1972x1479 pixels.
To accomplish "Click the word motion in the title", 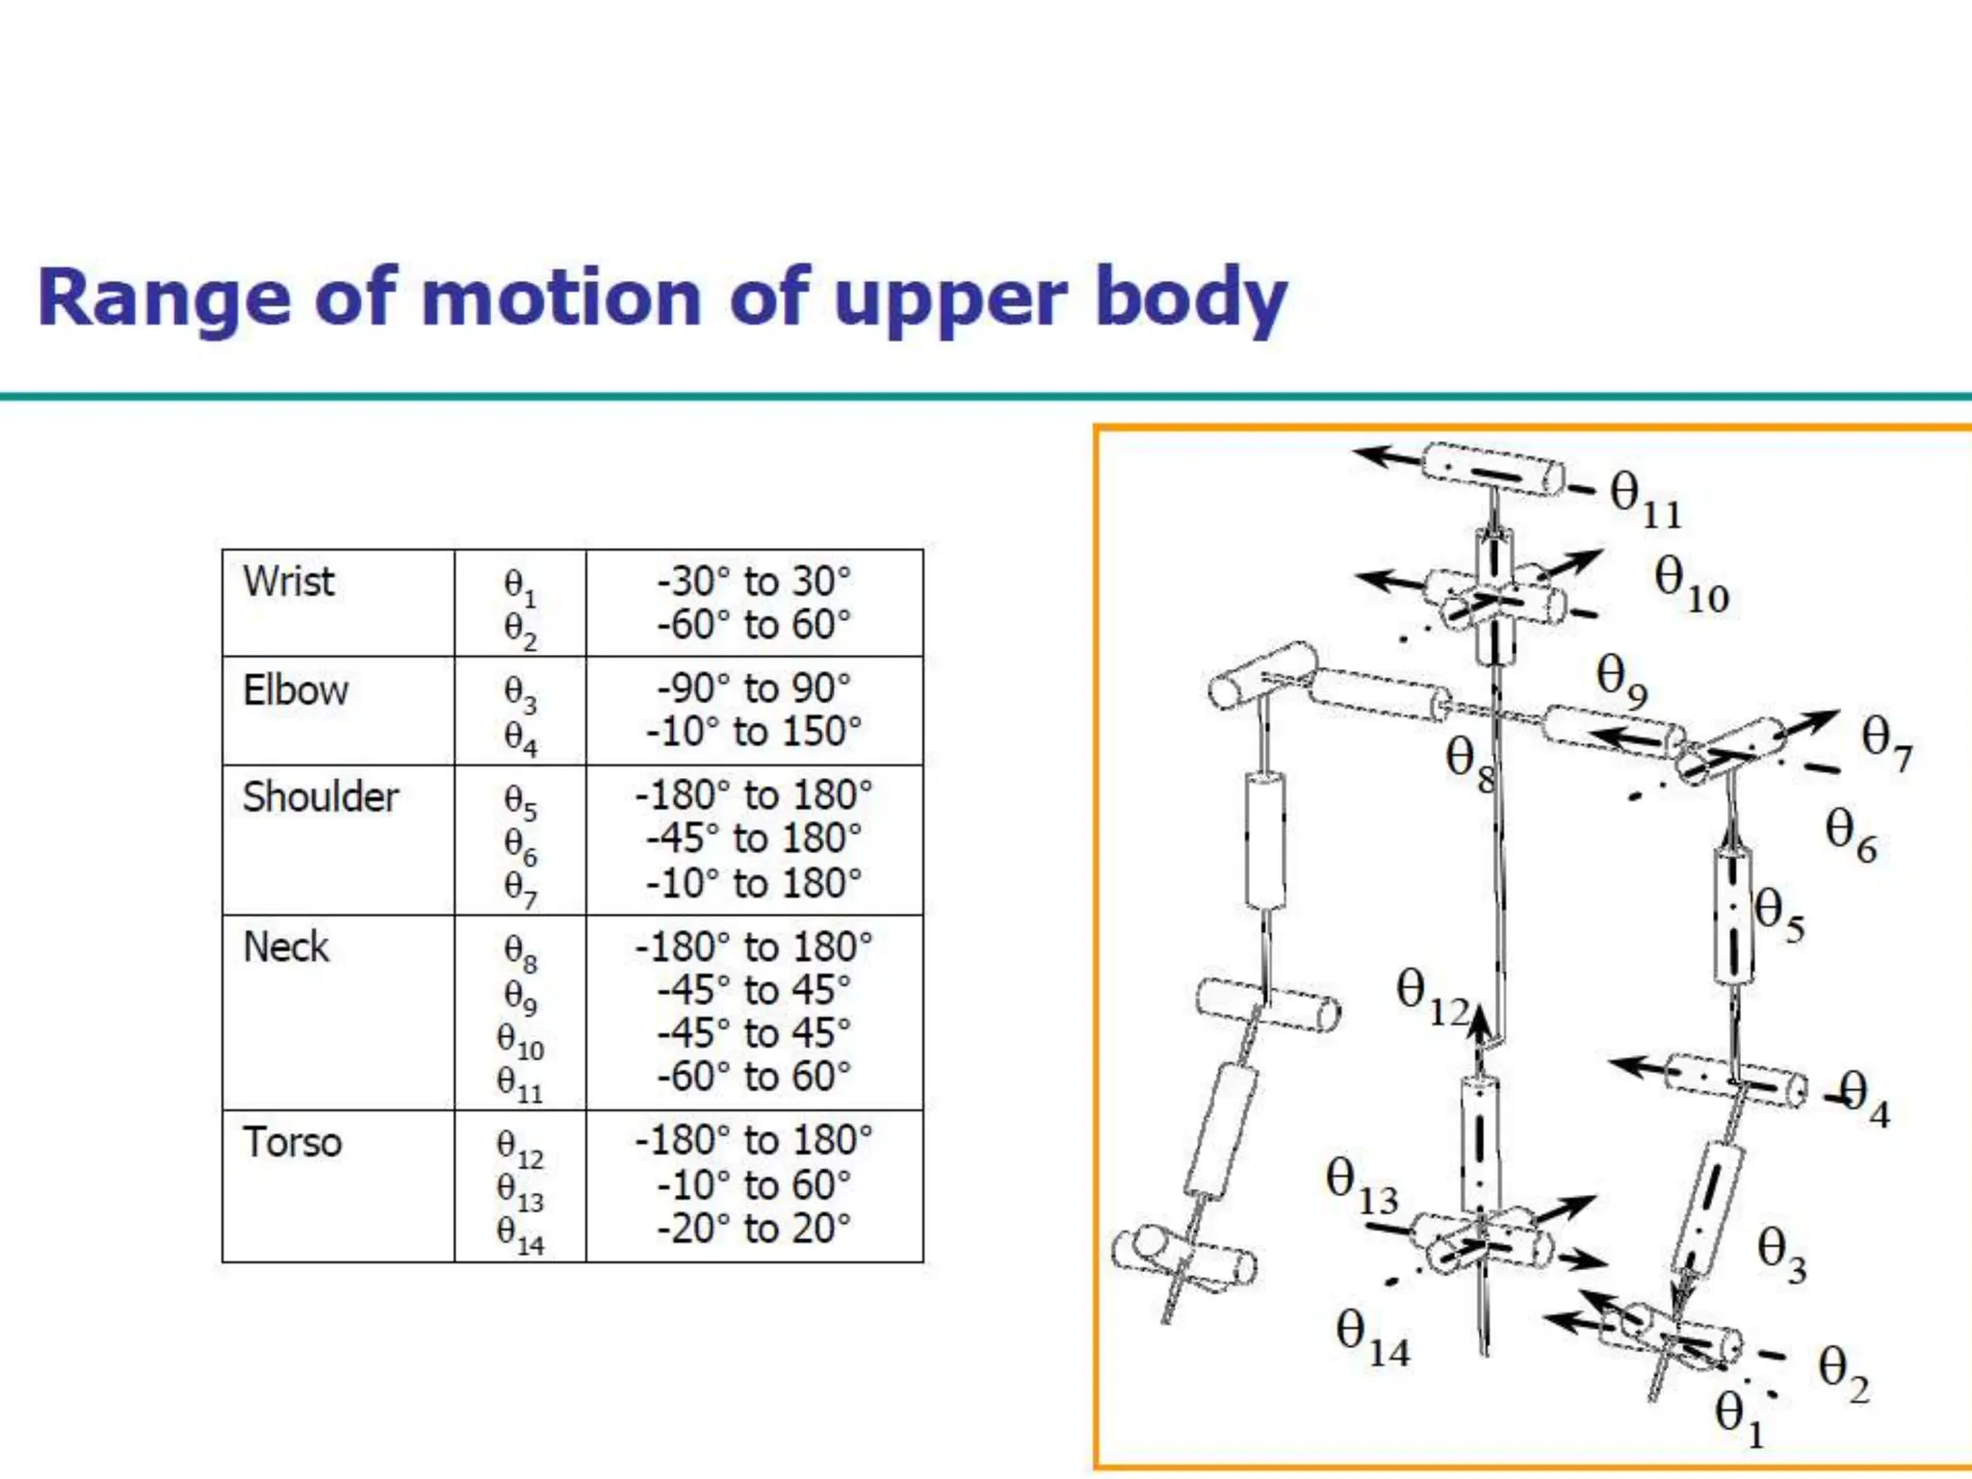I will click(x=562, y=298).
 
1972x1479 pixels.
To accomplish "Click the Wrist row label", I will click(x=288, y=582).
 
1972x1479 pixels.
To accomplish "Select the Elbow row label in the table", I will click(x=295, y=690).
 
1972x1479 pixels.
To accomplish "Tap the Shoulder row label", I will click(x=320, y=797).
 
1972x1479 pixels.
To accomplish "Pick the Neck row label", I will click(x=286, y=947).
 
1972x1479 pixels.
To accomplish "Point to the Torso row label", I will click(x=292, y=1143).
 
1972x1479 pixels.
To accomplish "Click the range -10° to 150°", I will click(x=754, y=732).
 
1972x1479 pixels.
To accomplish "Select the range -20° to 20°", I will click(x=754, y=1229).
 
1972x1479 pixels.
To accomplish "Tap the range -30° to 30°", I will click(x=754, y=582).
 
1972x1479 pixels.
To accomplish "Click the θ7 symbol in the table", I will click(x=520, y=887).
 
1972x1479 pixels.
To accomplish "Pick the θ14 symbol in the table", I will click(x=520, y=1233).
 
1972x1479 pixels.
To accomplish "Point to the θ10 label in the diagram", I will click(x=1691, y=584).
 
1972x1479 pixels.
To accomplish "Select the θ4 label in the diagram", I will click(x=1864, y=1098).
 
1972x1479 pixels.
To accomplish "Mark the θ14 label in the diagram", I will click(x=1372, y=1337).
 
